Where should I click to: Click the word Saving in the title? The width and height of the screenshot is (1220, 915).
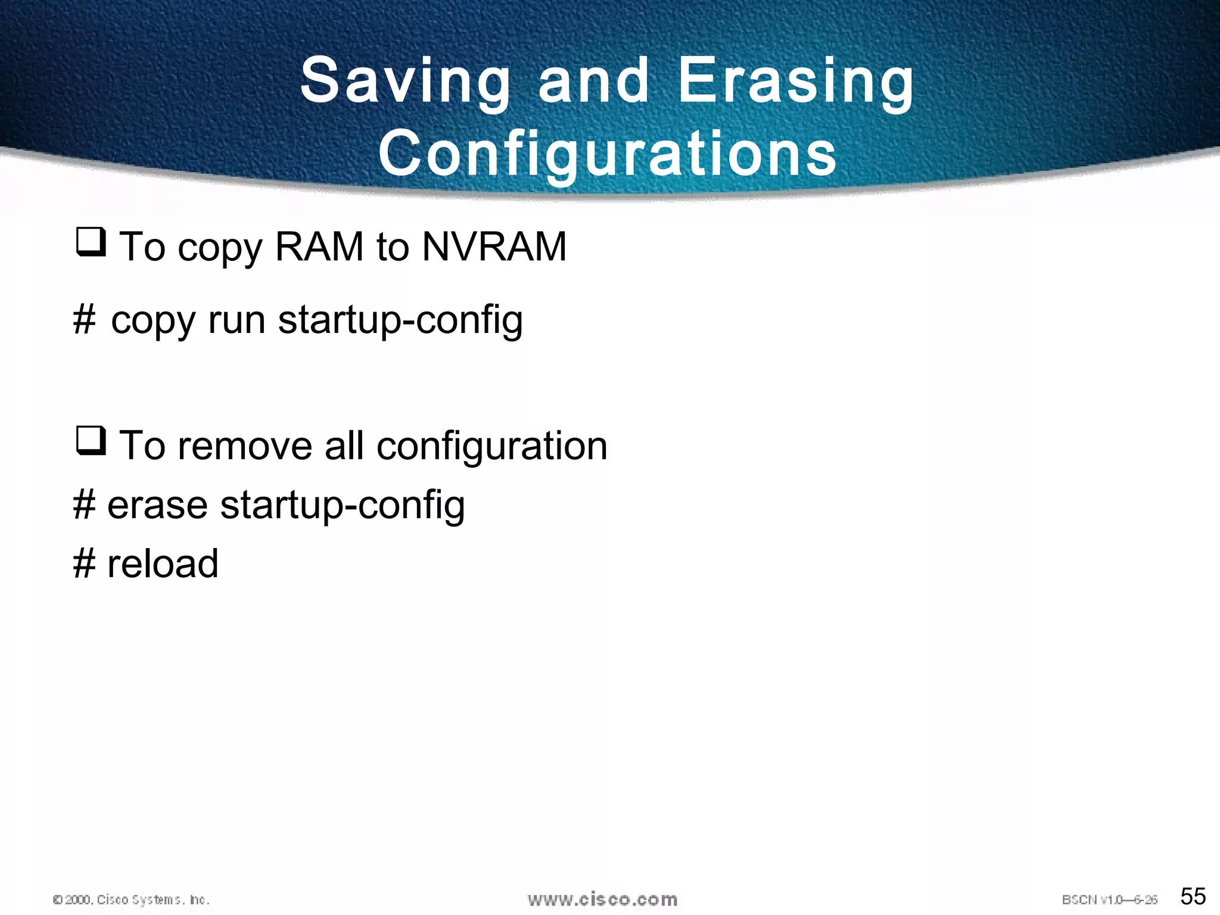pos(405,81)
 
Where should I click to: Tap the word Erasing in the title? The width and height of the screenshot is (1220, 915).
pos(795,81)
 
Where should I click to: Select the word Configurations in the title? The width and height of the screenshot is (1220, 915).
pos(608,154)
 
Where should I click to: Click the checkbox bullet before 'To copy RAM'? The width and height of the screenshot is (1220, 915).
pos(91,242)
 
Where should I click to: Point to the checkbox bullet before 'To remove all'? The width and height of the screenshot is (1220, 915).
pos(91,441)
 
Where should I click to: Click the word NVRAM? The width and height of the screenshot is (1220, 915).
pos(494,247)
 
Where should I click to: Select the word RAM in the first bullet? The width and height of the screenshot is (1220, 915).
pos(319,247)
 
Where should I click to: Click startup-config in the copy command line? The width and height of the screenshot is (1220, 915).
pos(400,321)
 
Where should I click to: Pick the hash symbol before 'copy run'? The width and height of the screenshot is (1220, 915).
pos(84,320)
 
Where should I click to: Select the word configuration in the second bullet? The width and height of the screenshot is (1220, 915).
pos(491,447)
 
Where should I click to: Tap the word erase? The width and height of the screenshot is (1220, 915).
pos(157,505)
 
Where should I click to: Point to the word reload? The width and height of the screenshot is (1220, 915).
pos(163,564)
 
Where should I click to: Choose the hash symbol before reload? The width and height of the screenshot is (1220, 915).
pos(84,564)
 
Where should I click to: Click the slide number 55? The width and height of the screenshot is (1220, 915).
pos(1193,896)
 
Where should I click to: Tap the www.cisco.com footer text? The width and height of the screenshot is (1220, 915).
pos(602,900)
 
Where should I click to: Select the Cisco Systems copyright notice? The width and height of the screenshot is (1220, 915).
pos(131,900)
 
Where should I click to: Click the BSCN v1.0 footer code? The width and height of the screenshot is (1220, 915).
pos(1109,900)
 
